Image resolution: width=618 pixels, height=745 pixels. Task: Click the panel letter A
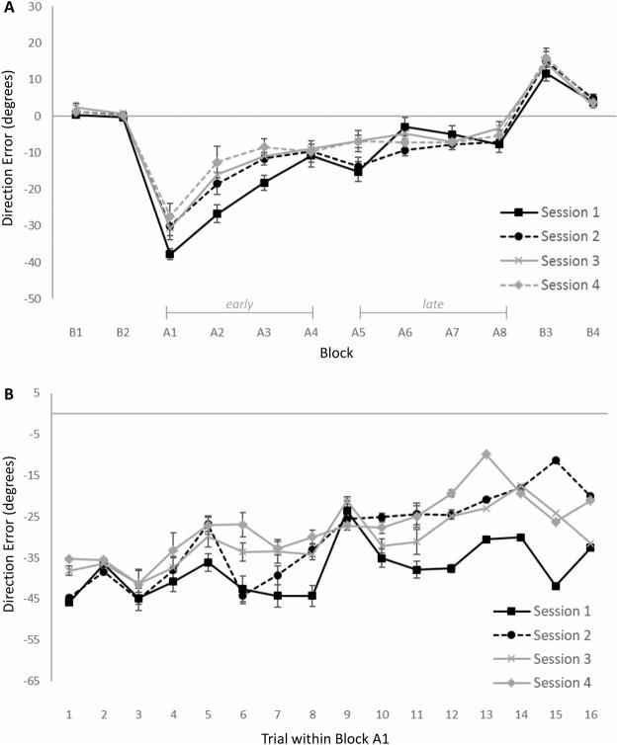coord(8,9)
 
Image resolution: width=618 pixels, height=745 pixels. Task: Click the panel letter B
coord(8,393)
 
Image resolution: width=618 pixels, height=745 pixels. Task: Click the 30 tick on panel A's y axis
coord(43,7)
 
